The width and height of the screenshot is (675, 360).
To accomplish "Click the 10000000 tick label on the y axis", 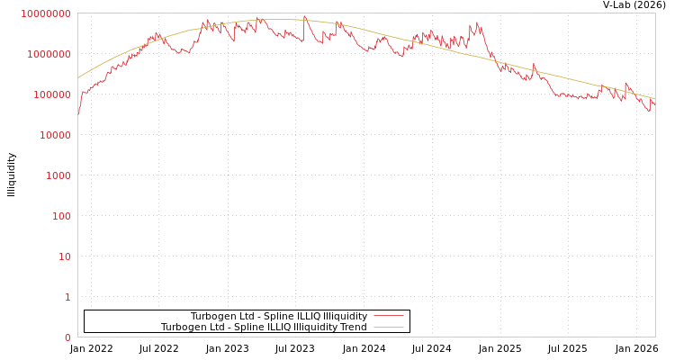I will coord(45,13).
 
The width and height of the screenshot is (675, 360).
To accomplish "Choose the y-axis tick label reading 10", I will coord(64,256).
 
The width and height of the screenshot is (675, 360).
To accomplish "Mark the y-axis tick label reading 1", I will coord(67,297).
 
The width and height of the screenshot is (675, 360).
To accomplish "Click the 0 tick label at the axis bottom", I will coord(67,337).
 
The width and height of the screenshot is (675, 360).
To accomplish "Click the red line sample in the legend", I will coord(388,316).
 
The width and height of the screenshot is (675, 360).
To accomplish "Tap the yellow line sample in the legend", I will coord(388,327).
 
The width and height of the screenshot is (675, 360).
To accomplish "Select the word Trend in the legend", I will coord(354,327).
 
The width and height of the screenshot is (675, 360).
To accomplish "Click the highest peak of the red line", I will coord(304,15).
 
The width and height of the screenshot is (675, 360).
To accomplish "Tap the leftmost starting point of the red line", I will coord(78,114).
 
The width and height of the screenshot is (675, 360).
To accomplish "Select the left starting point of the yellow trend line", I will coord(78,78).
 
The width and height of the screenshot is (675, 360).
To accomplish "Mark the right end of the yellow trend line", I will coord(654,99).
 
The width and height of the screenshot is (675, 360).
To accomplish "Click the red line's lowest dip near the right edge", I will coord(648,112).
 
